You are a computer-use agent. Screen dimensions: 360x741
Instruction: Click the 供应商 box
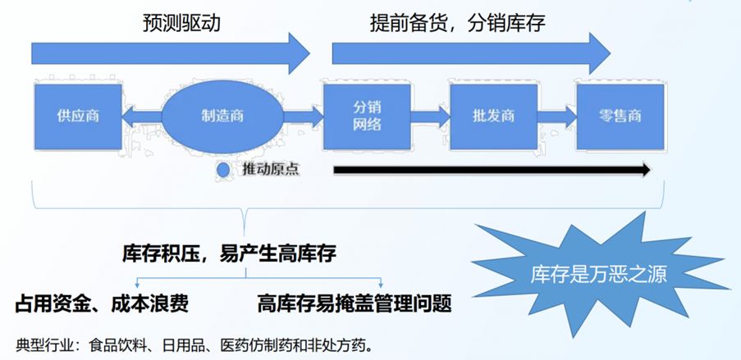click(79, 116)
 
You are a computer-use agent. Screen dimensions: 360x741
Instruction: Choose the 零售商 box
click(620, 116)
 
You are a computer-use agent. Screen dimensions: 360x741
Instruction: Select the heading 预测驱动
click(181, 24)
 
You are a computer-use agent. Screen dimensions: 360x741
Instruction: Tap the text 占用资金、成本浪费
click(103, 303)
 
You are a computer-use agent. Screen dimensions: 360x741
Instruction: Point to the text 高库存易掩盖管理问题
click(354, 303)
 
